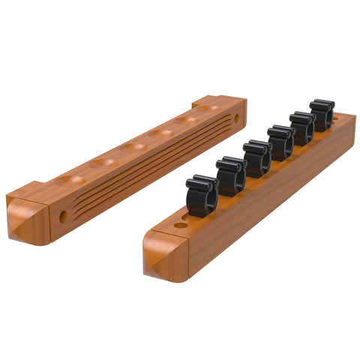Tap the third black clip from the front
pyautogui.click(x=256, y=158)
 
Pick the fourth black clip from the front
pyautogui.click(x=281, y=142)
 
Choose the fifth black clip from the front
pyautogui.click(x=303, y=127)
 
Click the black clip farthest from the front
pyautogui.click(x=322, y=115)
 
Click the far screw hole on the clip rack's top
pyautogui.click(x=335, y=118)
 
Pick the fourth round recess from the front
pyautogui.click(x=161, y=133)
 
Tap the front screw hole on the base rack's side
pyautogui.click(x=63, y=216)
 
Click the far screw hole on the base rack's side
pyautogui.click(x=236, y=118)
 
